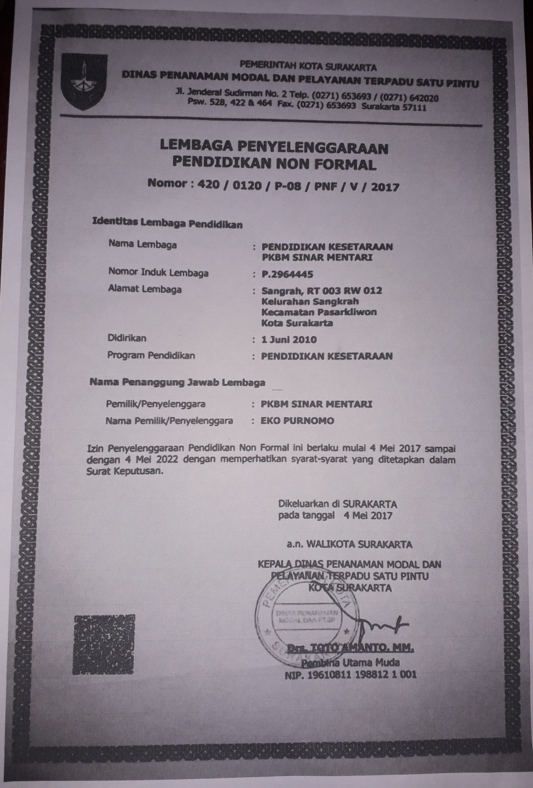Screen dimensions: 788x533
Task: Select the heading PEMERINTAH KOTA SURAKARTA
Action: [x=308, y=66]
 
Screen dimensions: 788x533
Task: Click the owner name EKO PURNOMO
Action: [x=297, y=421]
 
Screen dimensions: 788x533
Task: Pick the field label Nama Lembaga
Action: [x=143, y=244]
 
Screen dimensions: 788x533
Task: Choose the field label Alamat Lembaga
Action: [x=145, y=289]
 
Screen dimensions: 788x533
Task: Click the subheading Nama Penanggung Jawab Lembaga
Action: [x=177, y=383]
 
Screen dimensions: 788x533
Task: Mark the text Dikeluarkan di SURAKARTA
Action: [x=338, y=504]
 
